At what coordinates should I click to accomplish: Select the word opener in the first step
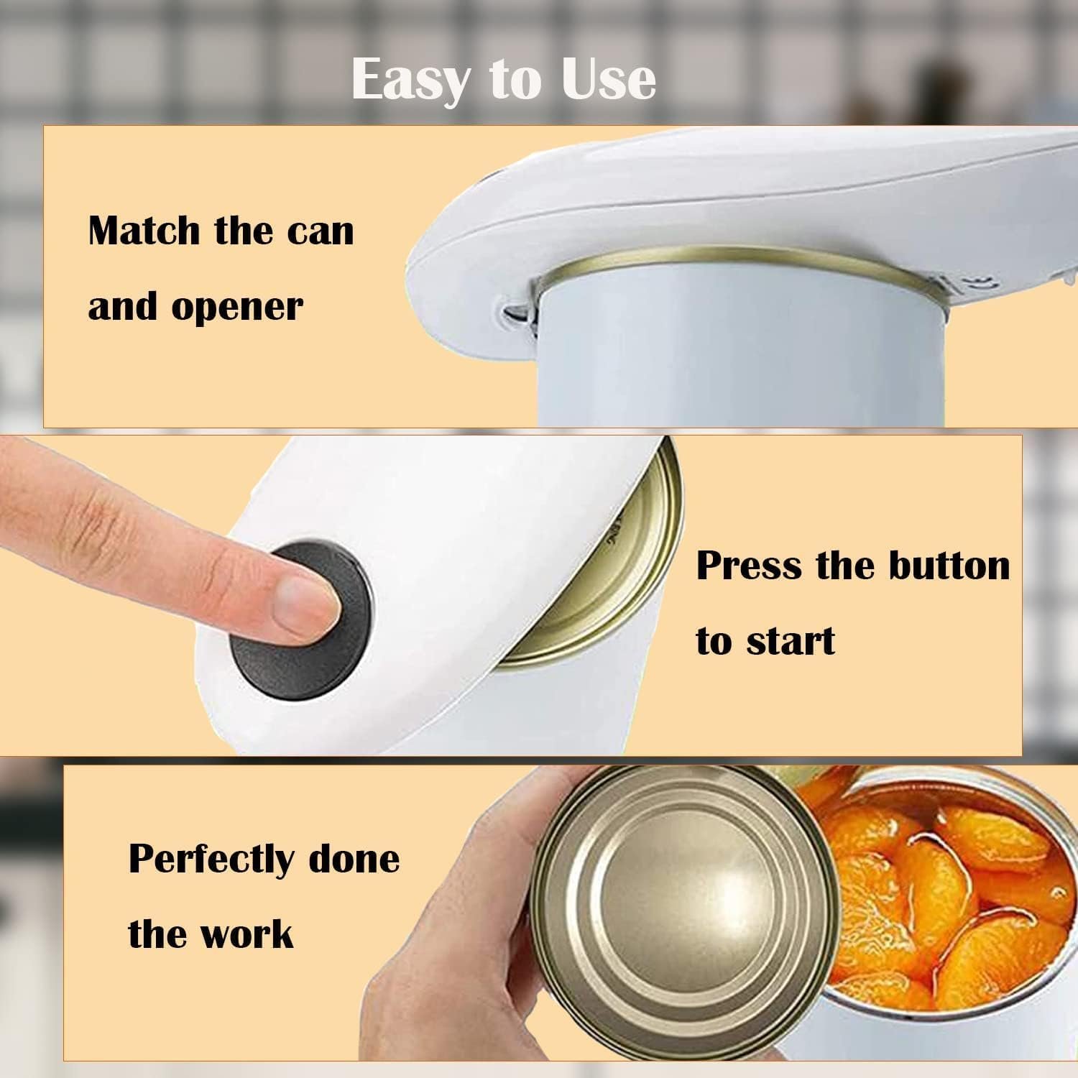[x=237, y=308]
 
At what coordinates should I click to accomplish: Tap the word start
[x=791, y=640]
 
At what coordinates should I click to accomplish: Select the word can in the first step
[x=321, y=231]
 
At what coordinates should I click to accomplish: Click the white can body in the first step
[x=740, y=352]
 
